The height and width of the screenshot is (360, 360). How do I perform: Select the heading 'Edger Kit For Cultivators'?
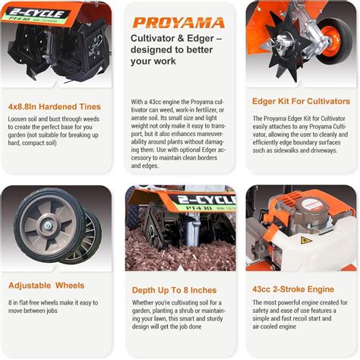pyautogui.click(x=302, y=100)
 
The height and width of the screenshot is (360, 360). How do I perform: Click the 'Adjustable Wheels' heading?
pyautogui.click(x=47, y=286)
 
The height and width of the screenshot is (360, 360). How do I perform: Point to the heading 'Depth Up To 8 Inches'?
pyautogui.click(x=174, y=290)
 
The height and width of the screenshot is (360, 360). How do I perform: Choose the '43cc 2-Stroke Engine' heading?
pyautogui.click(x=292, y=289)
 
